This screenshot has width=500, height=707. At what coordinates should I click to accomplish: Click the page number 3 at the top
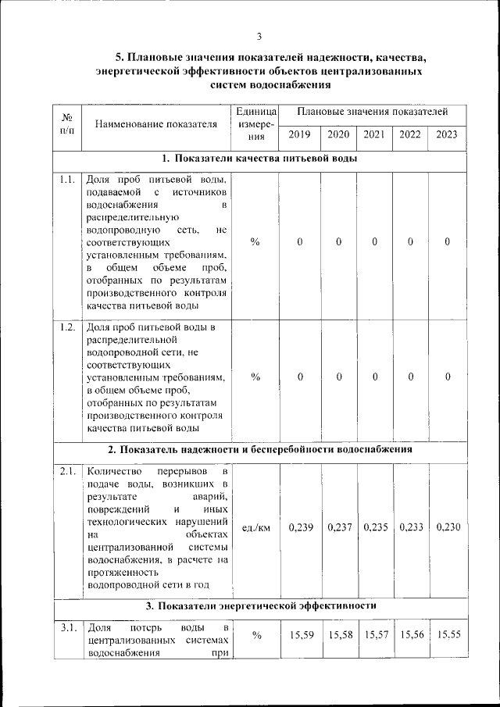259,34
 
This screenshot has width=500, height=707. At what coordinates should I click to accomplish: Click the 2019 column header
299,134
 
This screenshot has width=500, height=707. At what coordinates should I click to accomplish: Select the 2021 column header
374,134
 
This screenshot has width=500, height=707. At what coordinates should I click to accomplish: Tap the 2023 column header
447,134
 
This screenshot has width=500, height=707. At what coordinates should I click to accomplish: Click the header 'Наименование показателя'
155,123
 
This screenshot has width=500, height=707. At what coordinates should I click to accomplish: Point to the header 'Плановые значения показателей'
373,113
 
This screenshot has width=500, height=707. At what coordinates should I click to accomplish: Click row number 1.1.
67,180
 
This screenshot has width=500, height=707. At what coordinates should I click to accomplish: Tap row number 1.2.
67,327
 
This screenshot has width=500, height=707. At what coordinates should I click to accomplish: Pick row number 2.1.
67,472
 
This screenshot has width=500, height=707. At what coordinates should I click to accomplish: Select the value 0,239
301,527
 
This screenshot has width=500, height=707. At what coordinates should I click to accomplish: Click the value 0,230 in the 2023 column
448,527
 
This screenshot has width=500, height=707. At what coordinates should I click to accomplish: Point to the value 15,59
301,635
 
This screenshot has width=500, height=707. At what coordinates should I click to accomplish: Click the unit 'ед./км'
255,527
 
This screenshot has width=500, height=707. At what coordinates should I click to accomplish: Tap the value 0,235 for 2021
375,527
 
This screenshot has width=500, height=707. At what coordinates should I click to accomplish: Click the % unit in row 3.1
255,635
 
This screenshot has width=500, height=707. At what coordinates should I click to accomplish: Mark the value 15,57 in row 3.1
375,635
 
